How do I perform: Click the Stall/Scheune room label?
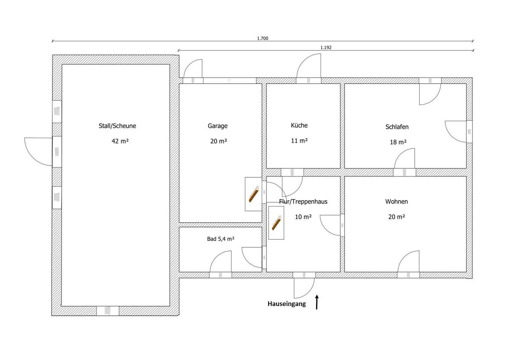(117, 126)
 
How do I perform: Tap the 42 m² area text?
(120, 141)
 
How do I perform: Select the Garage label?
(218, 126)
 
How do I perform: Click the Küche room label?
(299, 125)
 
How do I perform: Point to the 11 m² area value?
(299, 141)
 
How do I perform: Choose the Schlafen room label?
(397, 127)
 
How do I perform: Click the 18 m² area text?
(398, 142)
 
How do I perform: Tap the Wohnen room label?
(396, 202)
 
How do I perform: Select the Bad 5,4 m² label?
(221, 239)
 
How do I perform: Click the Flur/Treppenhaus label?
(303, 202)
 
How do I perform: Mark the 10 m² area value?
(303, 217)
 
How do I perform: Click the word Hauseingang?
(286, 304)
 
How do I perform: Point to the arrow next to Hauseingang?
(317, 302)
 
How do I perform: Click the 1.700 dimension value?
(262, 38)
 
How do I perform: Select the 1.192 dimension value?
(326, 48)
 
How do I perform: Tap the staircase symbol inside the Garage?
(254, 194)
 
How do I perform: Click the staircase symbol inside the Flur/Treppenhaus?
(276, 223)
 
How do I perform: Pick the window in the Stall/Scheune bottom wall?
(108, 311)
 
